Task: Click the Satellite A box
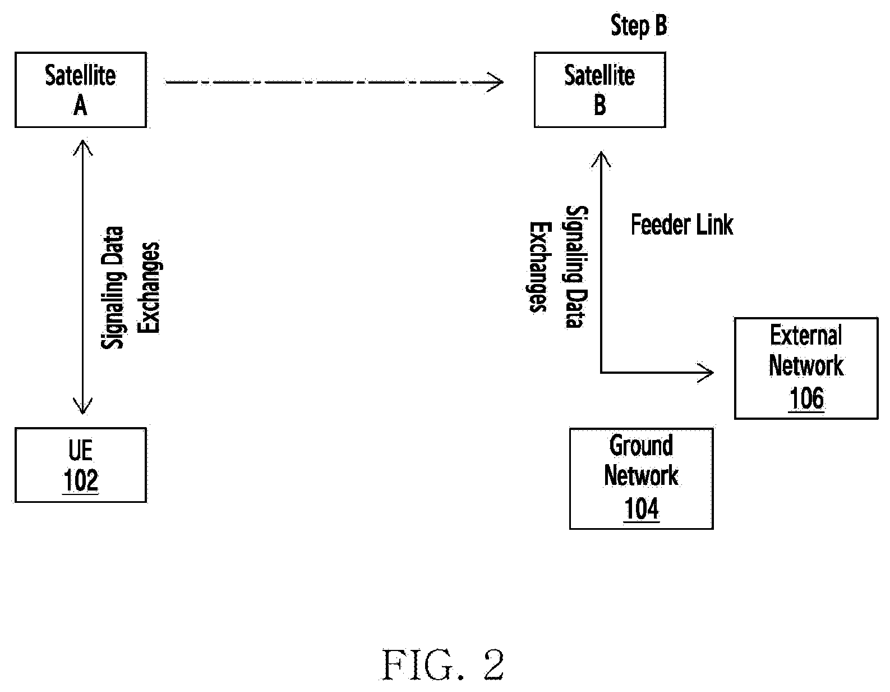pos(81,90)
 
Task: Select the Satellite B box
pos(600,90)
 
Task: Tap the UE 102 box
pos(81,465)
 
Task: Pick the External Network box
pos(806,368)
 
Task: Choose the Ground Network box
pos(641,479)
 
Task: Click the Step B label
pos(639,25)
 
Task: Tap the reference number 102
pos(81,480)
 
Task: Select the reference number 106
pos(806,398)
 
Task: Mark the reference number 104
pos(641,509)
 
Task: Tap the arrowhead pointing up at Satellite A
pos(83,148)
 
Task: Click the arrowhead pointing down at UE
pos(83,406)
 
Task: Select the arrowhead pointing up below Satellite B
pos(601,159)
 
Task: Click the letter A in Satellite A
pos(80,106)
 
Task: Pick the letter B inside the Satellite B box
pos(600,106)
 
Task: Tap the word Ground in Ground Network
pos(641,446)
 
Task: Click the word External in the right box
pos(806,335)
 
